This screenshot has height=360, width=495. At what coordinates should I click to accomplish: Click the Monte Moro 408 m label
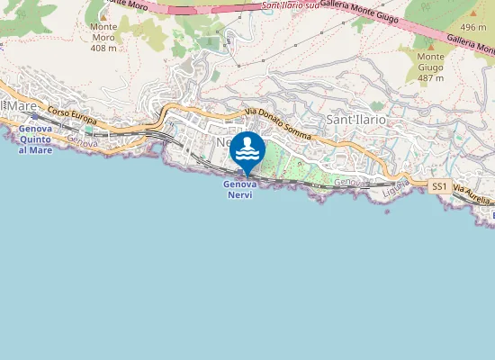103,37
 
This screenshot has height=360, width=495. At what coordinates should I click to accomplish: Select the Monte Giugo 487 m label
431,67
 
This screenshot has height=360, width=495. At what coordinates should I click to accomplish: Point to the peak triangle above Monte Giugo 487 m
431,45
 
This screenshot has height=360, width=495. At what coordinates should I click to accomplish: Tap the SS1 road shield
439,186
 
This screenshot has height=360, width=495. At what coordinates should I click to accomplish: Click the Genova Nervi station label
240,189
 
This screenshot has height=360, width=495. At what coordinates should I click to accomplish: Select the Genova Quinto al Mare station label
36,139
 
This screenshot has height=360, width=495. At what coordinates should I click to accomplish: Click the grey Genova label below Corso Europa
82,141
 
